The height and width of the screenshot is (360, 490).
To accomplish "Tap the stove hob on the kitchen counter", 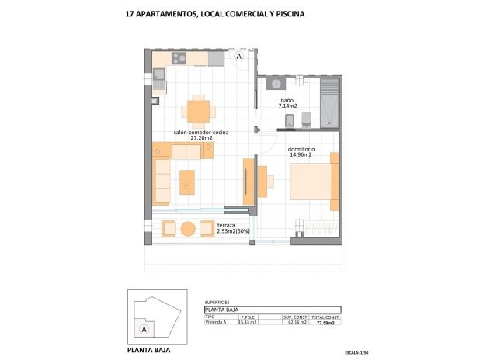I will (x=179, y=57).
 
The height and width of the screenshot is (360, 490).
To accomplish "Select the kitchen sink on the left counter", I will (x=158, y=75).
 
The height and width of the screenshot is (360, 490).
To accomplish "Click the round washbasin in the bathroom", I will (x=274, y=83).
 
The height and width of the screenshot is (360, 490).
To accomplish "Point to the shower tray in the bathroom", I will (x=330, y=100).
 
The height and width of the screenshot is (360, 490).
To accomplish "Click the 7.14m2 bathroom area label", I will (x=288, y=106).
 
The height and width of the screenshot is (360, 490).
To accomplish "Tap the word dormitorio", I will (x=301, y=148).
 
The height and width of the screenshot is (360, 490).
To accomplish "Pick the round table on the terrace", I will (x=188, y=229).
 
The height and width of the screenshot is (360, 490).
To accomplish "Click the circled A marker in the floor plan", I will (x=239, y=57).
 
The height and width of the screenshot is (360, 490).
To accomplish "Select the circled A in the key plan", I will (x=143, y=329).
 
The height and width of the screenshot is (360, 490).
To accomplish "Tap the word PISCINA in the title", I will (x=284, y=14).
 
